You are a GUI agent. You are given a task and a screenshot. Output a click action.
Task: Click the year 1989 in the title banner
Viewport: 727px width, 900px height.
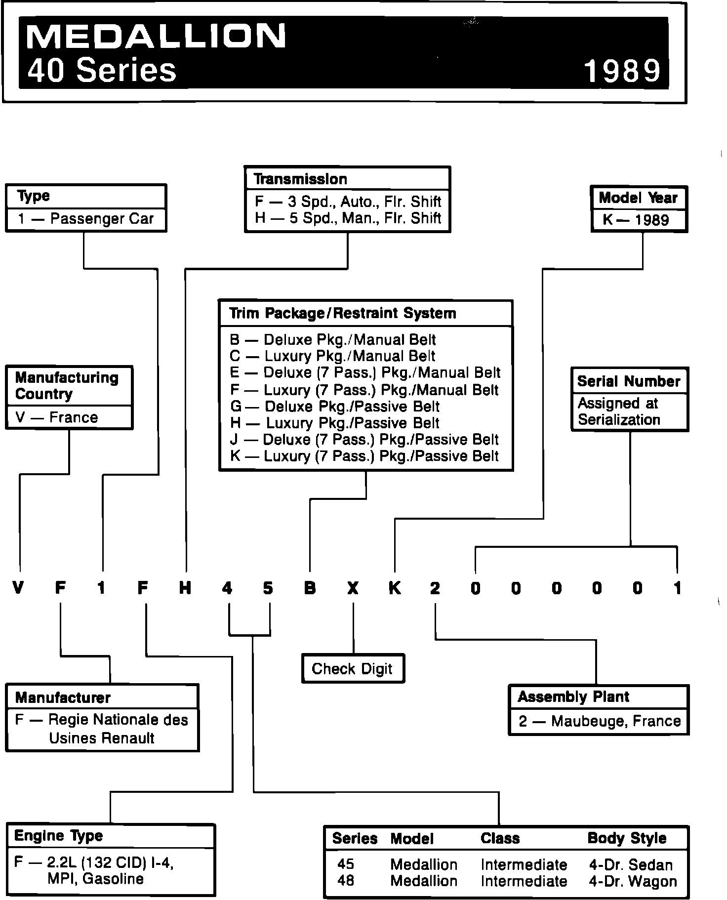pos(622,71)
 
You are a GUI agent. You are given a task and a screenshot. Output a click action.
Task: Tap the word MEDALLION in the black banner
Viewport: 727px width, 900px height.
pos(157,36)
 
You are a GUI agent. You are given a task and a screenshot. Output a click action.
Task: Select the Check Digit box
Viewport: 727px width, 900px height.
pos(352,669)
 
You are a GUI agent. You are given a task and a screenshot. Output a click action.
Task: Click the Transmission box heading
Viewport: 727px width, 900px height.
pos(300,179)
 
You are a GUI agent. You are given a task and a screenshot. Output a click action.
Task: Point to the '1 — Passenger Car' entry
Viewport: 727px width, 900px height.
pos(86,219)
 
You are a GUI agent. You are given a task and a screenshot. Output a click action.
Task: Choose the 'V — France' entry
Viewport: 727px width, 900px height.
pos(57,418)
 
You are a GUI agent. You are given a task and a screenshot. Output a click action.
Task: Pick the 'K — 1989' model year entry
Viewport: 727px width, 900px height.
pos(636,220)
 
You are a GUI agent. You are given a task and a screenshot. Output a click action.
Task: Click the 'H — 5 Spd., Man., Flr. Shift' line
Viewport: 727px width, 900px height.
pos(348,218)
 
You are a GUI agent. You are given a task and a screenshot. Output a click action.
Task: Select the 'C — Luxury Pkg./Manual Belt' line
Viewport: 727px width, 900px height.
pos(332,356)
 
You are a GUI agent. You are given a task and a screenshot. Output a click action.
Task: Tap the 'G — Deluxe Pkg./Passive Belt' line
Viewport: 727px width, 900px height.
pos(334,407)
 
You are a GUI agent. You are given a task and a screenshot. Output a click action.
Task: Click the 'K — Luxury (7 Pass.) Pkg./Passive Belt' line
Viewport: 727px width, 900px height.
pos(364,456)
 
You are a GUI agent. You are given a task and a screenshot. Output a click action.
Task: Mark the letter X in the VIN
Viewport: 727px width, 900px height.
pos(353,588)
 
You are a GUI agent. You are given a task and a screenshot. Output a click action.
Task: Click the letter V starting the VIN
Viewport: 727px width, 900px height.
pos(18,588)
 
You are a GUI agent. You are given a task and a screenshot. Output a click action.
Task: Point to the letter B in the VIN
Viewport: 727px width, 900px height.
pos(310,588)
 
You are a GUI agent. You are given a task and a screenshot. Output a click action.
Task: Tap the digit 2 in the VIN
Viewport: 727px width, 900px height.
pos(435,588)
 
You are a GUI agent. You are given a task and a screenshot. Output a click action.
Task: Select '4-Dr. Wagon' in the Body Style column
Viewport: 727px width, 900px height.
pos(633,881)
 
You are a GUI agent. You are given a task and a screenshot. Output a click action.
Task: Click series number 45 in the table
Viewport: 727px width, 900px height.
pos(346,864)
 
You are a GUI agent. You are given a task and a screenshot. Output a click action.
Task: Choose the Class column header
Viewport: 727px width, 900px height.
pos(500,839)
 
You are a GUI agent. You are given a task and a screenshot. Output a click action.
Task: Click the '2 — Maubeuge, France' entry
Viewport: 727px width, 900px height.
pos(600,721)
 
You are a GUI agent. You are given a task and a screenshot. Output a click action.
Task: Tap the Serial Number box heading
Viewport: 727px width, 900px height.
pos(629,381)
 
